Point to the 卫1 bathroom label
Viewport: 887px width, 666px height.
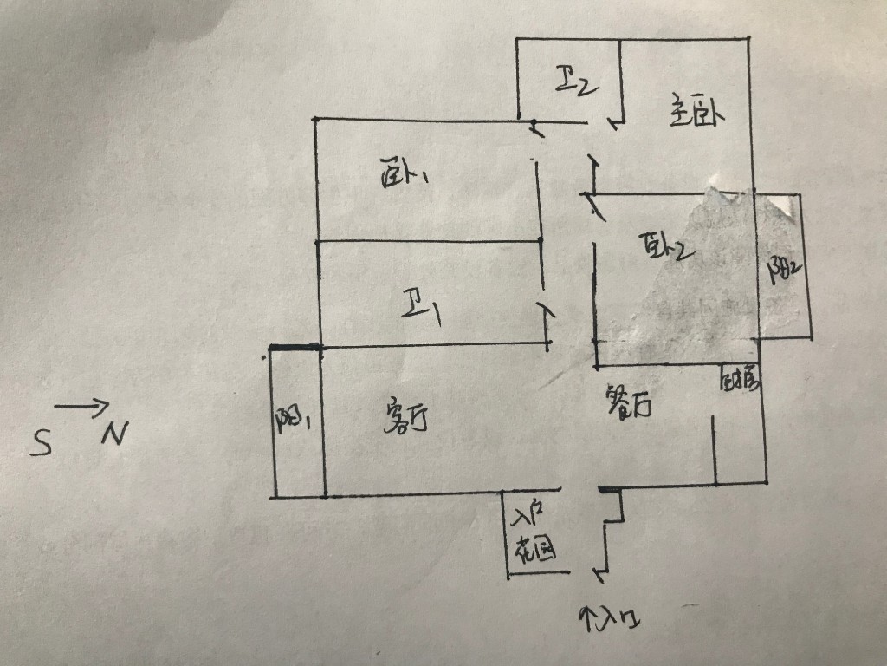pyautogui.click(x=423, y=309)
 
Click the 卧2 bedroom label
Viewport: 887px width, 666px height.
pyautogui.click(x=664, y=248)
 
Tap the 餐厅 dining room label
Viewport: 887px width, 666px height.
pyautogui.click(x=628, y=403)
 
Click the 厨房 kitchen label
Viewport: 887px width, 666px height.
pyautogui.click(x=741, y=378)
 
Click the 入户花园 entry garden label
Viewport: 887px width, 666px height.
pyautogui.click(x=530, y=534)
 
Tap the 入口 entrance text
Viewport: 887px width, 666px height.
pyautogui.click(x=622, y=618)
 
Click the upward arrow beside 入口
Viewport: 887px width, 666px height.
pyautogui.click(x=591, y=617)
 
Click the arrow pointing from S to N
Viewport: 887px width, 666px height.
pyautogui.click(x=82, y=405)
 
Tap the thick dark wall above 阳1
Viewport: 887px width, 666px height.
pyautogui.click(x=295, y=349)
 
